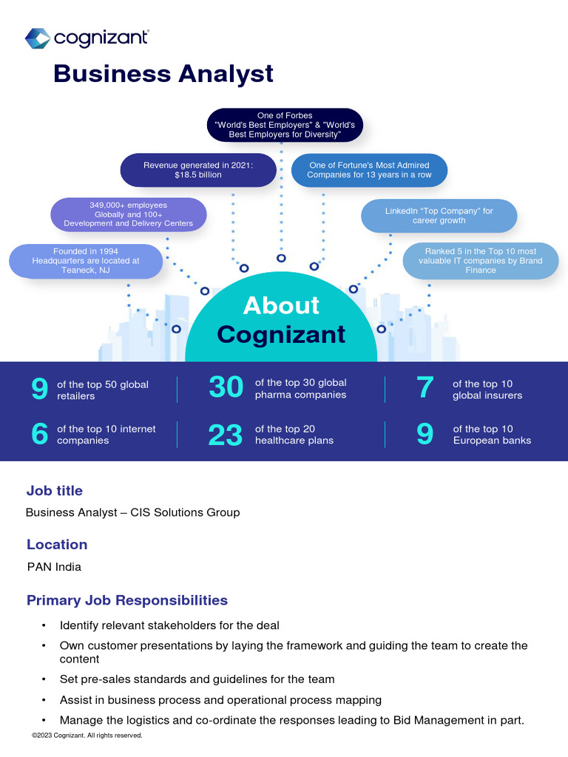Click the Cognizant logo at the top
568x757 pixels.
(x=87, y=38)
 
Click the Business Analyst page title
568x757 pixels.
(x=163, y=74)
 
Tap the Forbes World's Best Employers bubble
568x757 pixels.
(x=285, y=125)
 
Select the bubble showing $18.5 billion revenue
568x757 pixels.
(x=198, y=170)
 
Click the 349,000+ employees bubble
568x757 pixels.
(x=128, y=214)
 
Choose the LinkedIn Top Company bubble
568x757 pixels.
(x=439, y=216)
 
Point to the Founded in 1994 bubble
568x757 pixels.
(x=86, y=261)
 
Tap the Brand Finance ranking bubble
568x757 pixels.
(x=480, y=261)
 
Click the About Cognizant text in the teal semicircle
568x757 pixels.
(x=281, y=319)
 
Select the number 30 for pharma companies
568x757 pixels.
(x=226, y=388)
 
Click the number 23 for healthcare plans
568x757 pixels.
(x=226, y=435)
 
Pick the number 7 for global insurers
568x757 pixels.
(x=425, y=388)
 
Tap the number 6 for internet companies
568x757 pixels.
(x=39, y=435)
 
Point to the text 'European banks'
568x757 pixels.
(x=492, y=441)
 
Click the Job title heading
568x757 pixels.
(x=55, y=491)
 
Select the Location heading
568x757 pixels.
(x=57, y=545)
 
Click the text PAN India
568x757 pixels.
(x=54, y=567)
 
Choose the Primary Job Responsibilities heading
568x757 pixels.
(x=127, y=600)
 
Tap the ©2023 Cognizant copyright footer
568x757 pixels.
(x=87, y=736)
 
